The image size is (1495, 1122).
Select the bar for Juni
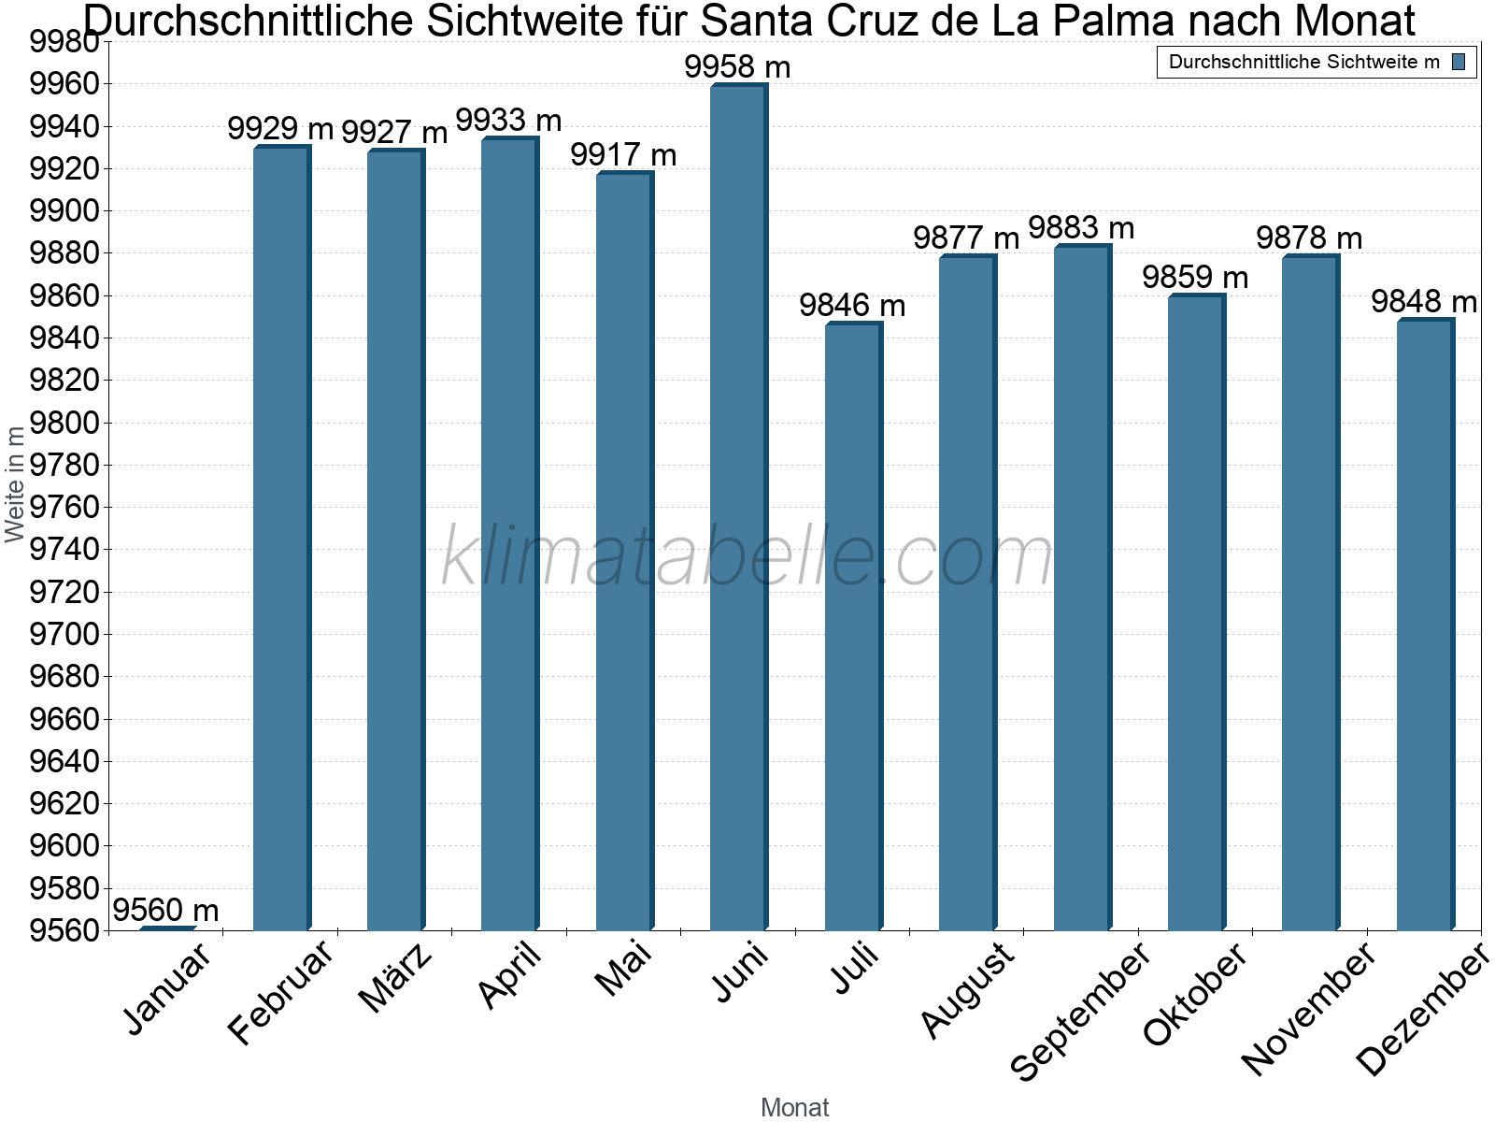(x=738, y=510)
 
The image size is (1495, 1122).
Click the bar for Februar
(x=281, y=539)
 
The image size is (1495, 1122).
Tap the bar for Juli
(x=853, y=627)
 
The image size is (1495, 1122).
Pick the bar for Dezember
(x=1425, y=626)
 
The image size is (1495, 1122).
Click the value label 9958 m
(x=737, y=67)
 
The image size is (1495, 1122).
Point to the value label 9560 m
(x=165, y=910)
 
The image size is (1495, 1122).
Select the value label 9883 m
(x=1081, y=228)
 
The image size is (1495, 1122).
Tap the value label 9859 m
(x=1195, y=278)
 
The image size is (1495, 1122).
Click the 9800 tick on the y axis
(x=64, y=424)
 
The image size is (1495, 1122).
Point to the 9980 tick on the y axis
(x=64, y=43)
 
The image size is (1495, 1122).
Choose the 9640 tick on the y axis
(x=64, y=762)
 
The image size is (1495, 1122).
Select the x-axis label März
(x=396, y=978)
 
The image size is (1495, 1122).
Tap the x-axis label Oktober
(x=1195, y=995)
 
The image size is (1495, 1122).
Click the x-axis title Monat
(x=794, y=1108)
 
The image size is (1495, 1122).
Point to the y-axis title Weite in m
(x=15, y=484)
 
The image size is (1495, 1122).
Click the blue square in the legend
(x=1459, y=63)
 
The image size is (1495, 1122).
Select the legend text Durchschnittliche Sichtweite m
(x=1304, y=63)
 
